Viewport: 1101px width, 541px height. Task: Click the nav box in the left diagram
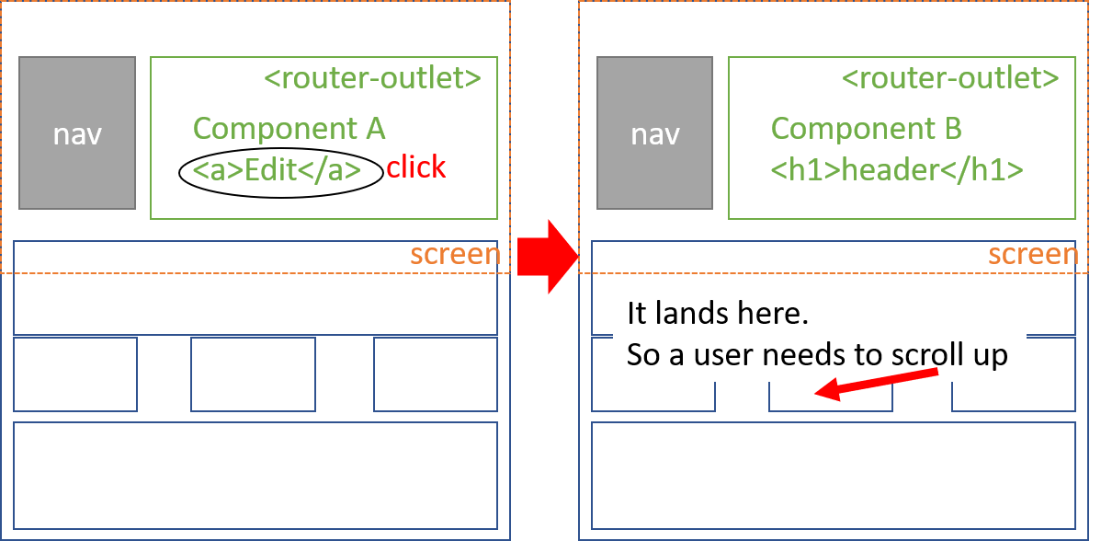(77, 132)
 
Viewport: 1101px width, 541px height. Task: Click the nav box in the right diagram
(654, 132)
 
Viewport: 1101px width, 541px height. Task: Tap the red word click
(415, 167)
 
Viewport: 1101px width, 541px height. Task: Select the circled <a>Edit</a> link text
(280, 172)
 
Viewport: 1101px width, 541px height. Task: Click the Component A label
(289, 128)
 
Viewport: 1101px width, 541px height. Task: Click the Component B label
(866, 128)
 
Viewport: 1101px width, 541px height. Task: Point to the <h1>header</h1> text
(897, 170)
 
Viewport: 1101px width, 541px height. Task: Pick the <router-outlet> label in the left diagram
(372, 78)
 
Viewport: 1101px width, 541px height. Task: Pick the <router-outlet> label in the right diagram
(950, 78)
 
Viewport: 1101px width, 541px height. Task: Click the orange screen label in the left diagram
(455, 255)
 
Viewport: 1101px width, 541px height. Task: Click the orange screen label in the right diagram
(1033, 255)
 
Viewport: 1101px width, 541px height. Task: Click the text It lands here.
(718, 314)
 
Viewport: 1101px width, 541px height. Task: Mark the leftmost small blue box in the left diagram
(75, 374)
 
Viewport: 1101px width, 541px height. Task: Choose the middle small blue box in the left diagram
(253, 374)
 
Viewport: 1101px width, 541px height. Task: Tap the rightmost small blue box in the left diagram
(435, 374)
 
